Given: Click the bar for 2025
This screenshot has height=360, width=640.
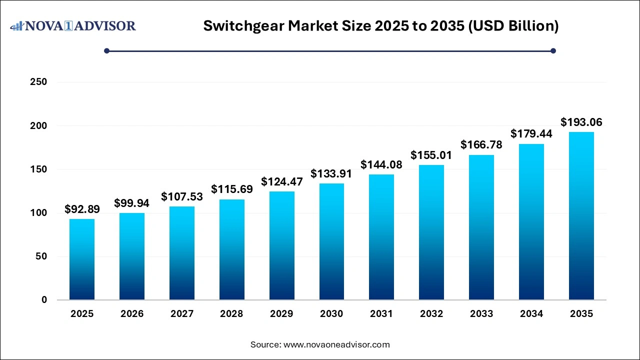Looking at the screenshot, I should (82, 259).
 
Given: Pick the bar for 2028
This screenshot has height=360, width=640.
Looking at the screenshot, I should (231, 249).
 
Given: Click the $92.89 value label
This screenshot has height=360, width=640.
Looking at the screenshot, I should (82, 209).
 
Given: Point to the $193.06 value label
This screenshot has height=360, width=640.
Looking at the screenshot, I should (581, 122).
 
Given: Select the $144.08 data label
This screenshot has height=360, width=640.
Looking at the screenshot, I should (381, 164).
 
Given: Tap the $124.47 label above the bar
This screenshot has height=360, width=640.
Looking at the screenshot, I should (281, 181).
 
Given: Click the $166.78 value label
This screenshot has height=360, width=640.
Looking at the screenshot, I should (481, 145).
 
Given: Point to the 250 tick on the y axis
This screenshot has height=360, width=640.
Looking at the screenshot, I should (39, 82).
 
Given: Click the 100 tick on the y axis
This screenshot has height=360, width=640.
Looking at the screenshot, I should (39, 213).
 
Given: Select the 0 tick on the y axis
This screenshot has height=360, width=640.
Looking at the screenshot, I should (44, 300).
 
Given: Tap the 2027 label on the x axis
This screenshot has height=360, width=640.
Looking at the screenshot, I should (181, 314).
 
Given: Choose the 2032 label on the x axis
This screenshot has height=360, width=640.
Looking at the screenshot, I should (431, 314).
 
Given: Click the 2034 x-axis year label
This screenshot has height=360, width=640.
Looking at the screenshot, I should (531, 314).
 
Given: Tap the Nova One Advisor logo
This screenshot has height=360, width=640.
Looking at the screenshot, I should (72, 25).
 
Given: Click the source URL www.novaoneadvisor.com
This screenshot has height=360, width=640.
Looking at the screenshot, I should (336, 344).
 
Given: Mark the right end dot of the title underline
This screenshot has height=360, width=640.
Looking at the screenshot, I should (553, 50).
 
